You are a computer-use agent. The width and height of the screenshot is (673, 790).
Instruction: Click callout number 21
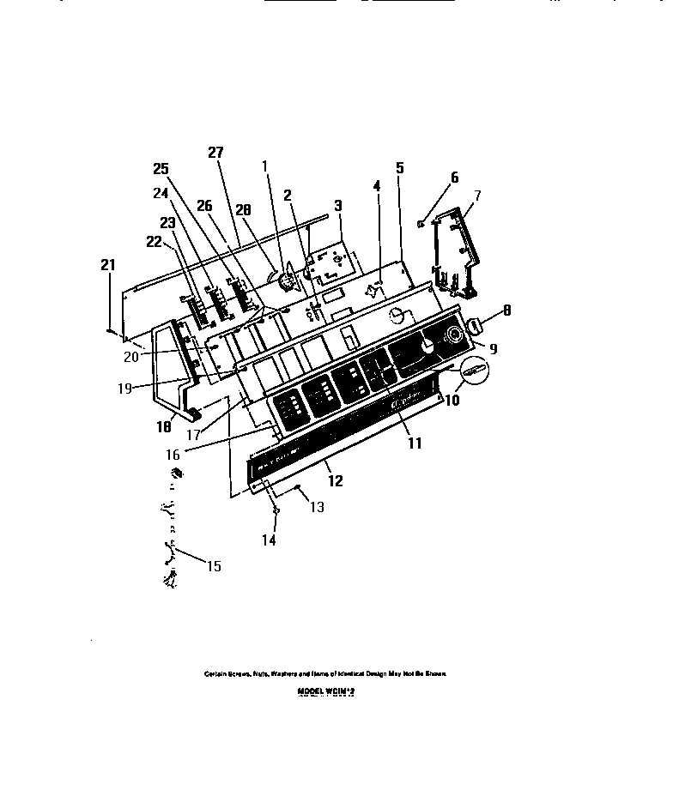(x=107, y=265)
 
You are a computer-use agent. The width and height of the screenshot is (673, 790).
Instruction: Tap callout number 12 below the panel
(x=336, y=481)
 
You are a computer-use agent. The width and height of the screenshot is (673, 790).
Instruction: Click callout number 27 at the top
(x=215, y=153)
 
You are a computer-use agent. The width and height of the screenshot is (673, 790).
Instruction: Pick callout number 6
(x=454, y=178)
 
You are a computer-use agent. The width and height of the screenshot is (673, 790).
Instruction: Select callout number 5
(x=399, y=168)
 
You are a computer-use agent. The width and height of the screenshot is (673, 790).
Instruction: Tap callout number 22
(x=154, y=243)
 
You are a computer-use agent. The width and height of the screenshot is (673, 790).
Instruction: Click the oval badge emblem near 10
(x=474, y=371)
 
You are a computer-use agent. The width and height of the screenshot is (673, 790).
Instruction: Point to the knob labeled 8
(x=475, y=326)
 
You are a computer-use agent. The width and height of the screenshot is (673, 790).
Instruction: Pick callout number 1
(x=265, y=166)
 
